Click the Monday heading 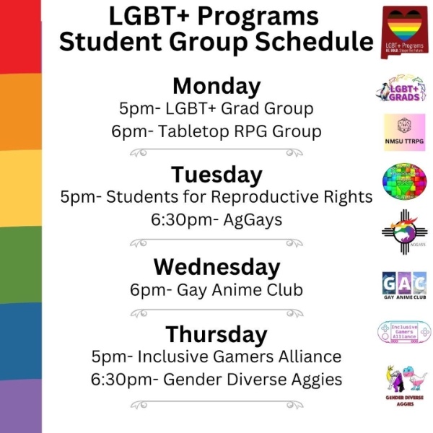coord(216,87)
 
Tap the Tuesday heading coord(216,175)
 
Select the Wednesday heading coord(216,267)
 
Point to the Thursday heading coord(216,335)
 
